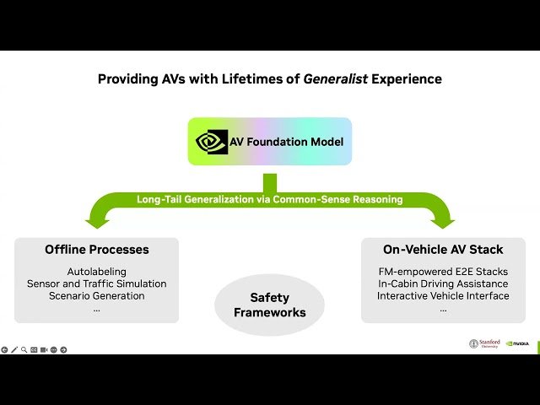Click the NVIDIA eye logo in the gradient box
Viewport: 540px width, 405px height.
point(212,142)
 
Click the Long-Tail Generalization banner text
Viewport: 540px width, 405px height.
point(269,199)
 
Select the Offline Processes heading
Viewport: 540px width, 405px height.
point(96,250)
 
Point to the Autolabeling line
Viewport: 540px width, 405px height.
point(96,272)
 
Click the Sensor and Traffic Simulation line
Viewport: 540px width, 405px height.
point(96,283)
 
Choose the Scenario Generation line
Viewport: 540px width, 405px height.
point(96,295)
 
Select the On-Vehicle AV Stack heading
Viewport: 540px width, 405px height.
point(443,250)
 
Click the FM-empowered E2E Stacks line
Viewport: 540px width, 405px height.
point(443,272)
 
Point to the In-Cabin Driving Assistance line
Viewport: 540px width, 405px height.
point(443,283)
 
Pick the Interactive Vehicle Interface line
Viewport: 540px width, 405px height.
point(443,295)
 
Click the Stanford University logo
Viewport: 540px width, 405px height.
point(485,343)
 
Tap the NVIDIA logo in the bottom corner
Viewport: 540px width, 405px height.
point(518,343)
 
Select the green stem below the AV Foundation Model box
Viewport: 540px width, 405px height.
point(269,182)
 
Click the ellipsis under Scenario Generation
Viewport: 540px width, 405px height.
point(96,309)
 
